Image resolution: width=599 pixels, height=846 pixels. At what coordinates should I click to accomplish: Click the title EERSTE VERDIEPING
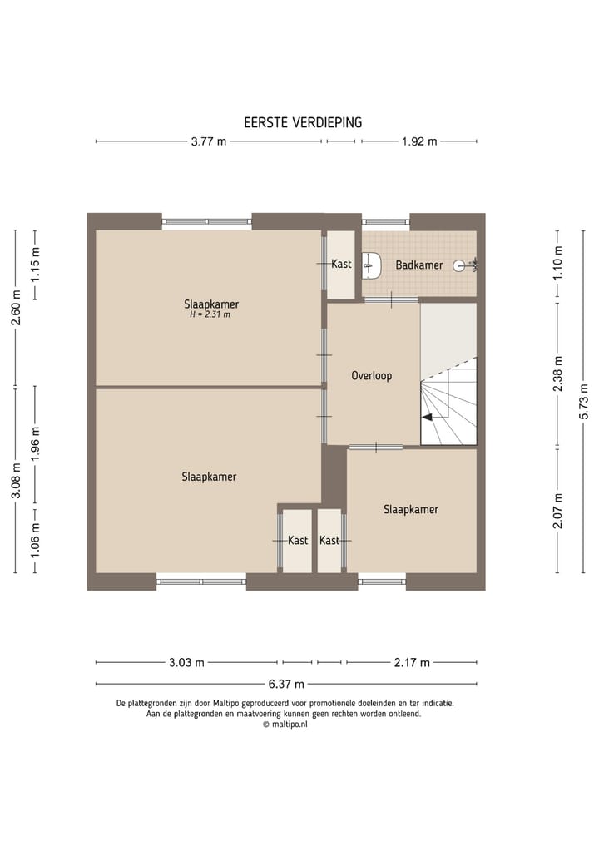coord(303,122)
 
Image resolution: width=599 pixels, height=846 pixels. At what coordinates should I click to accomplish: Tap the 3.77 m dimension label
coord(209,142)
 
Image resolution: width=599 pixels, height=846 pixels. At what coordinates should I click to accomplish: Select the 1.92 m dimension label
coord(419,142)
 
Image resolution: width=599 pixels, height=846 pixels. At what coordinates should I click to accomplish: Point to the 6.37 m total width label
coord(286,684)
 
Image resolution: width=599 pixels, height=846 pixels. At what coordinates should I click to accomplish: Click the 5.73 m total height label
coord(583,402)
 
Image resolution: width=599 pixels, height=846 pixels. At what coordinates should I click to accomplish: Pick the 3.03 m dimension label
coord(186,662)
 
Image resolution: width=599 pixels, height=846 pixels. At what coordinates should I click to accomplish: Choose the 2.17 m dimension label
coord(412,662)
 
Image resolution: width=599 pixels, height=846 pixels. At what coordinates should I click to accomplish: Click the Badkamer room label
coord(419,265)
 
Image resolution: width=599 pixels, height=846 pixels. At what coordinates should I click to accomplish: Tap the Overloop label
coord(372,375)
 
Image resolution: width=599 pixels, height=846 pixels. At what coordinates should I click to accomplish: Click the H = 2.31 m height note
coord(210,314)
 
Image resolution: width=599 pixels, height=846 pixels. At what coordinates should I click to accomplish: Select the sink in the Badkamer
coord(371,265)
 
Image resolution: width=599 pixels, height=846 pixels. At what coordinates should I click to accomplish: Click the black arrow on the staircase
coord(427,417)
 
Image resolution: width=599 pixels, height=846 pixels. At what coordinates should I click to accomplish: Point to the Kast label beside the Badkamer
coord(342,264)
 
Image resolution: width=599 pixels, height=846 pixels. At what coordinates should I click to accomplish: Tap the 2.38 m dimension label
coord(558,374)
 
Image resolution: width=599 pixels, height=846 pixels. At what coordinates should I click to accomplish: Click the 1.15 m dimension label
coord(36,265)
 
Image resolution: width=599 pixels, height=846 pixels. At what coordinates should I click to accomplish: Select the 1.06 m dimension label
coord(36,540)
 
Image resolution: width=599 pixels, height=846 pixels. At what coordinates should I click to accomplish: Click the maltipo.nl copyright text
coord(285,725)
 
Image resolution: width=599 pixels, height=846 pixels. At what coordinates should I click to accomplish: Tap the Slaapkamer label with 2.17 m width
coord(411,509)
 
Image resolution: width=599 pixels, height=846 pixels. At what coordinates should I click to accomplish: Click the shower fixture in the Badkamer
coord(464,265)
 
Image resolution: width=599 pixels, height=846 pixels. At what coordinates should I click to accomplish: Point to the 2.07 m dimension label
coord(558,511)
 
